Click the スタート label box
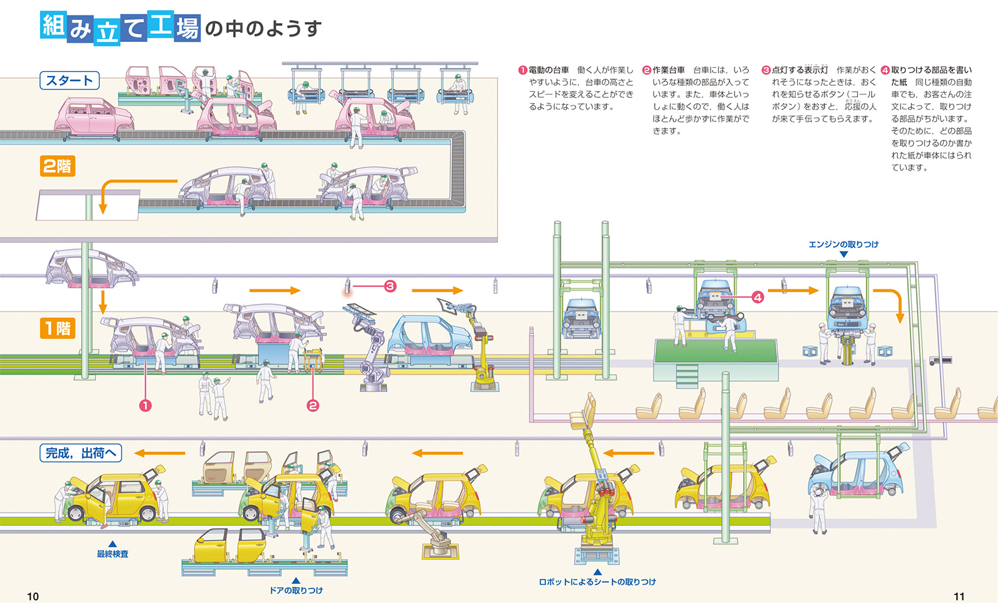69,81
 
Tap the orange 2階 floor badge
57,166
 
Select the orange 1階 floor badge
57,328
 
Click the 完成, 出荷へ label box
81,454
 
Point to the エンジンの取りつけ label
843,245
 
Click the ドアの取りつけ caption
296,590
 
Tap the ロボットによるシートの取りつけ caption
597,582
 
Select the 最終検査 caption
113,554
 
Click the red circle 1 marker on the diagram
145,405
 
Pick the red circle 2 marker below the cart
312,405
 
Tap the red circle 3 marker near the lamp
390,286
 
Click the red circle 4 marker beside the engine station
757,297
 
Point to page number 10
33,596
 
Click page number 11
959,596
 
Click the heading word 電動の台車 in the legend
549,70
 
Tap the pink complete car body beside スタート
93,117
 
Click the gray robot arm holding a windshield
370,343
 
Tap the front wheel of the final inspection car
75,513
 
